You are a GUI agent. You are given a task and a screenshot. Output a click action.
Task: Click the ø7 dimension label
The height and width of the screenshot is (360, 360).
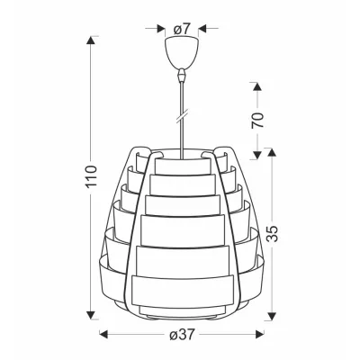point(182,29)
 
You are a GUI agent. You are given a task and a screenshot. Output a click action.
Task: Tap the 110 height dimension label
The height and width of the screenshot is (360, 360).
point(92,176)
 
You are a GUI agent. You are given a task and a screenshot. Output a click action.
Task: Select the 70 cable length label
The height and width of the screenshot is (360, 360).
point(257,121)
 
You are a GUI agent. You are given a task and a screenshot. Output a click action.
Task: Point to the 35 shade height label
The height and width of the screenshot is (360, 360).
point(273,233)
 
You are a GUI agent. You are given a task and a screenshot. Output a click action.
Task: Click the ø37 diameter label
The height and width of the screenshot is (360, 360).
point(182,334)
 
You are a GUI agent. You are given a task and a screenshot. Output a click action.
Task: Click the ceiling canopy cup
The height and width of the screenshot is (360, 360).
point(182,52)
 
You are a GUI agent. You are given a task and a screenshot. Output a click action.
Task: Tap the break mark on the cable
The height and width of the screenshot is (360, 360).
point(182,117)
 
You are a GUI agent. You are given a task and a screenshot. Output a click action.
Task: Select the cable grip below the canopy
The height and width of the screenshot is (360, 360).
point(181,75)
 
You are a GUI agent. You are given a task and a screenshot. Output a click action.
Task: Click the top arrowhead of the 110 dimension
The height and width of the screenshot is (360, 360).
point(91,40)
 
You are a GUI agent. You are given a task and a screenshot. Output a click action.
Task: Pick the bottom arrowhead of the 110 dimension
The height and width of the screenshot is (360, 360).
point(91,315)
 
